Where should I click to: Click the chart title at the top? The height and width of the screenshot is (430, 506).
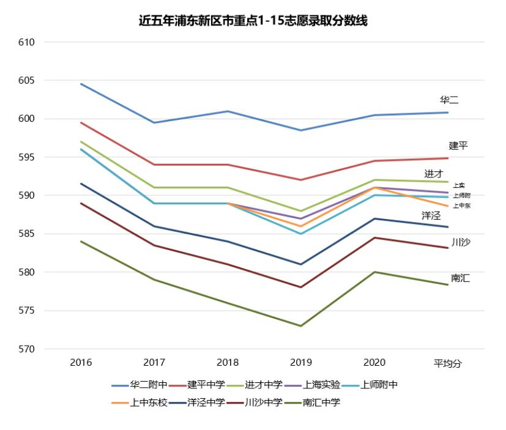pyautogui.click(x=253, y=21)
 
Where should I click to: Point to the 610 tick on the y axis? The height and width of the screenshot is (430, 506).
pyautogui.click(x=27, y=42)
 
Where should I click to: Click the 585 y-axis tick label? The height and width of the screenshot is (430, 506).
pyautogui.click(x=27, y=234)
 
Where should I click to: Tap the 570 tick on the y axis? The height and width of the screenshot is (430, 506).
pyautogui.click(x=27, y=349)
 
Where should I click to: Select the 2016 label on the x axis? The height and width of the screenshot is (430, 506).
pyautogui.click(x=81, y=363)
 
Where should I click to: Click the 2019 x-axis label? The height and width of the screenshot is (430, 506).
pyautogui.click(x=301, y=363)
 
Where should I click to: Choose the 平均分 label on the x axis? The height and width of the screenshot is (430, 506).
pyautogui.click(x=448, y=363)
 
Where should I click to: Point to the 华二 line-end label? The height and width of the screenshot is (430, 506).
pyautogui.click(x=449, y=100)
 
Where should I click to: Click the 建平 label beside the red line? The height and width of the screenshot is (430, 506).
pyautogui.click(x=458, y=146)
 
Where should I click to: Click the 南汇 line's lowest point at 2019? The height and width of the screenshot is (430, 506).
pyautogui.click(x=301, y=326)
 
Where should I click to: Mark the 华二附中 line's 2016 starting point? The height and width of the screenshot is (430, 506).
pyautogui.click(x=81, y=84)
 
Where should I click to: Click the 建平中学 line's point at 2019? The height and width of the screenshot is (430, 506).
pyautogui.click(x=301, y=180)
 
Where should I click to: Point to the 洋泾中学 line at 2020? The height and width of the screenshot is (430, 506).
pyautogui.click(x=374, y=218)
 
